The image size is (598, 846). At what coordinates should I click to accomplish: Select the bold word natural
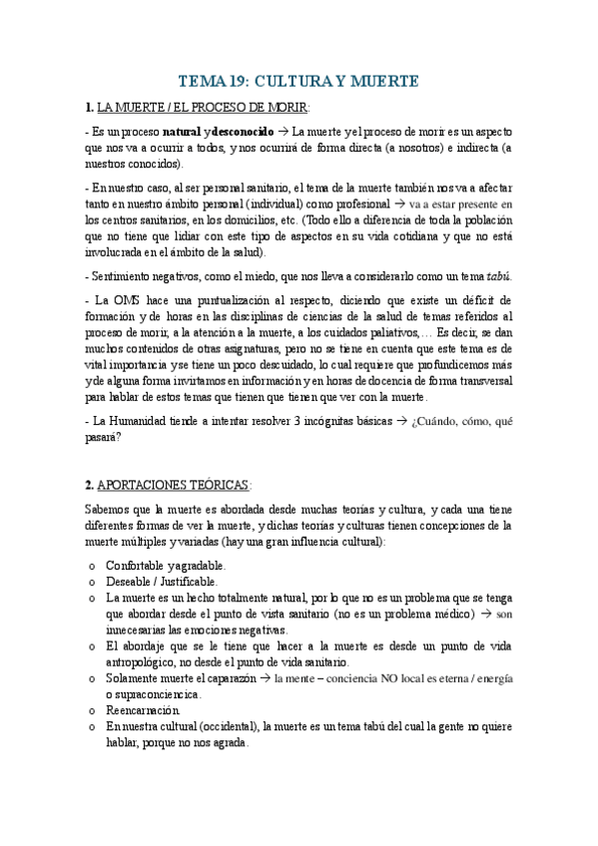pos(192,131)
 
